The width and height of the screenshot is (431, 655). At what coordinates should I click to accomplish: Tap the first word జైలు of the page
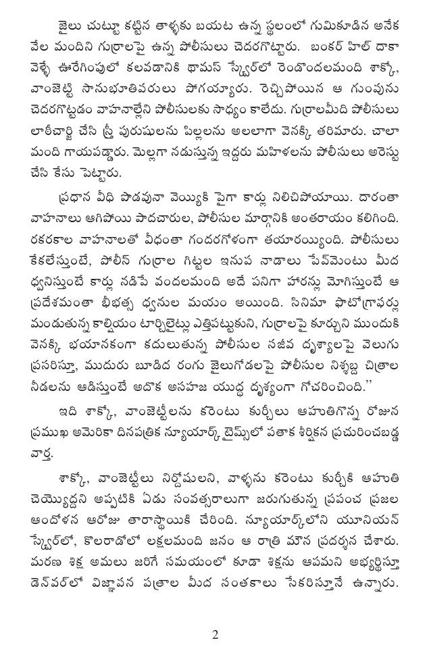point(71,28)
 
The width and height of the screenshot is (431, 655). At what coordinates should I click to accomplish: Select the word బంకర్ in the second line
point(322,50)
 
